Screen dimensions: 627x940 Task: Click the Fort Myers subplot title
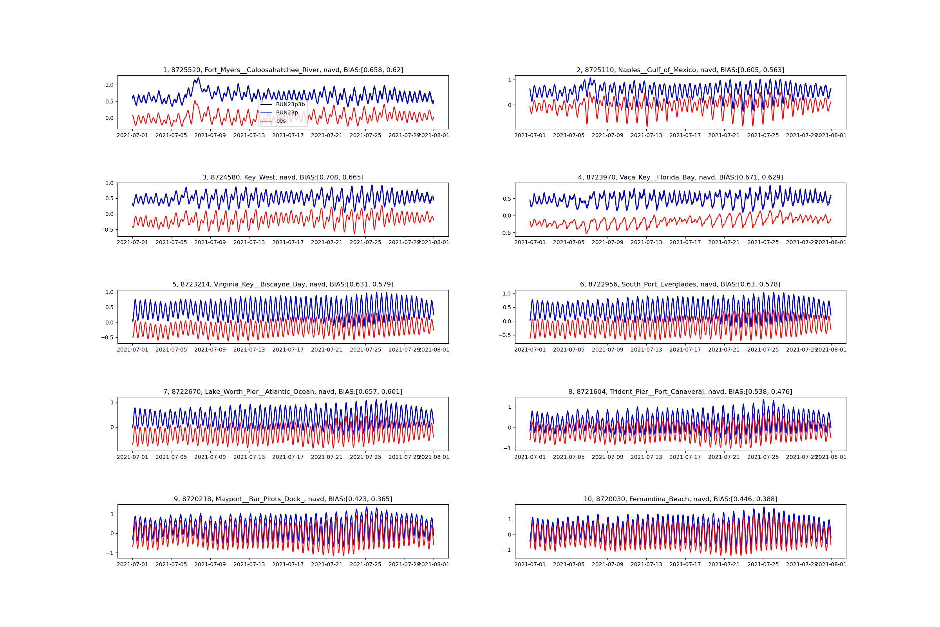[x=283, y=70]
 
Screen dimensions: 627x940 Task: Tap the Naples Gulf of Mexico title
[x=680, y=70]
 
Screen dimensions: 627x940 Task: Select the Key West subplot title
[x=283, y=177]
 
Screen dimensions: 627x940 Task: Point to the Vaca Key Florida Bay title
[x=680, y=177]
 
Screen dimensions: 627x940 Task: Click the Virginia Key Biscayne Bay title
[x=283, y=285]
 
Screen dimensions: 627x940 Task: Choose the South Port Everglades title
[x=680, y=285]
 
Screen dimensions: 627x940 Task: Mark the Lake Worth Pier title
[x=283, y=392]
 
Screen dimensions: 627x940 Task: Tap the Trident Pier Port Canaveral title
[x=680, y=392]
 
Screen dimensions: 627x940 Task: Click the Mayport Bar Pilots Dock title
[x=283, y=499]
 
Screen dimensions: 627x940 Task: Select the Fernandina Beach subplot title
[x=680, y=499]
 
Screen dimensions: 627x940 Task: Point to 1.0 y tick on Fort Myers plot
[x=109, y=85]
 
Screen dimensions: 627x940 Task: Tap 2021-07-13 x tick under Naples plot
[x=646, y=136]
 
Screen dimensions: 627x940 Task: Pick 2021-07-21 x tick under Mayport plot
[x=327, y=565]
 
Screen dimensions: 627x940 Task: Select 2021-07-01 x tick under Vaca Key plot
[x=530, y=242]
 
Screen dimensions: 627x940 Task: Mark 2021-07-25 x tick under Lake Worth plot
[x=365, y=457]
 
